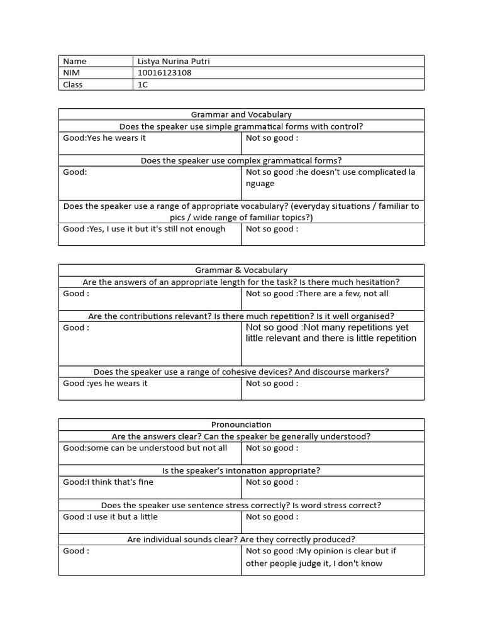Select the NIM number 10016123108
point(165,72)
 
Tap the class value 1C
point(143,84)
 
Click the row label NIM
point(72,72)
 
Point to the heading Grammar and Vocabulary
point(241,114)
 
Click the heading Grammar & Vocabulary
point(241,270)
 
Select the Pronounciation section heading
point(241,425)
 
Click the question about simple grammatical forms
point(241,126)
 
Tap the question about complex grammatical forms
point(241,160)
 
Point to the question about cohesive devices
point(241,372)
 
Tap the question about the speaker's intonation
point(241,470)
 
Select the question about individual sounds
point(241,539)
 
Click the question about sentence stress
point(241,505)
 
